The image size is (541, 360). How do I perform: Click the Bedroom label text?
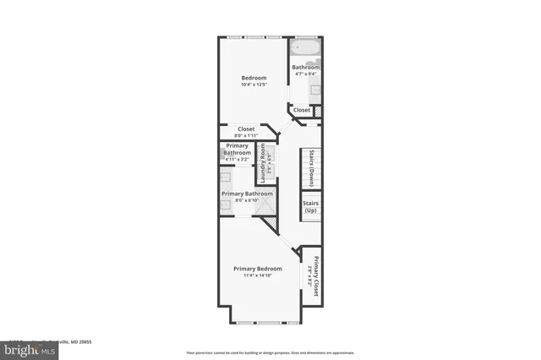[254, 78]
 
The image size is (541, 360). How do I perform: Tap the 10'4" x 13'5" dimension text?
[254, 85]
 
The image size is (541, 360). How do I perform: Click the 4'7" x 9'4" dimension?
[305, 74]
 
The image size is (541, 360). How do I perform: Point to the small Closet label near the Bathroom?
[301, 110]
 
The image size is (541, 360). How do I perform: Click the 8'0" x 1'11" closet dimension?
[245, 136]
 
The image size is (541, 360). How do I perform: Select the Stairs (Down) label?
[311, 167]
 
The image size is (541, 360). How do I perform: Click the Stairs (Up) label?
[310, 207]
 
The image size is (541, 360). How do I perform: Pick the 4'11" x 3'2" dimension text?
[237, 159]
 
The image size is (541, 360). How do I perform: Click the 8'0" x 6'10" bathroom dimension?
[245, 200]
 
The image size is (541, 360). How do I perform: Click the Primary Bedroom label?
[258, 269]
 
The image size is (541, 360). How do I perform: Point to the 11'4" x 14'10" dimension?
[258, 275]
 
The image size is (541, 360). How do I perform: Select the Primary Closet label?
[316, 277]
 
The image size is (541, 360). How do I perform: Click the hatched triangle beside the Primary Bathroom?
[271, 225]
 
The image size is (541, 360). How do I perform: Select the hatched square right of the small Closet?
[319, 110]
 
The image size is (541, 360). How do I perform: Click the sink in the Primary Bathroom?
[227, 178]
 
